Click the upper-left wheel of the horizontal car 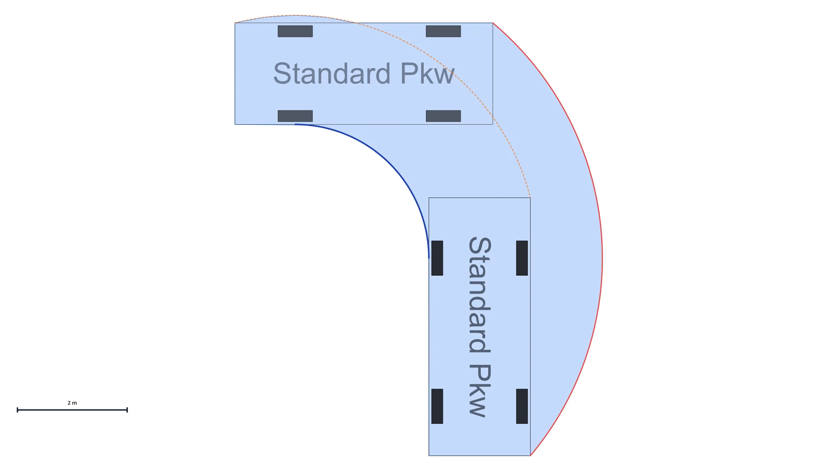tap(295, 31)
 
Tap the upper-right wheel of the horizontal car tap(443, 31)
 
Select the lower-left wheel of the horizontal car tap(295, 116)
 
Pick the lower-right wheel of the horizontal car tap(443, 116)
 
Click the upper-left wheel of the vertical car tap(437, 258)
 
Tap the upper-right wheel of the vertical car tap(522, 258)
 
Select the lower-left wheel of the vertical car tap(437, 406)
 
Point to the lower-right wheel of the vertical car tap(522, 406)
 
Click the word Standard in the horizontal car tap(332, 73)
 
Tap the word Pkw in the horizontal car tap(427, 73)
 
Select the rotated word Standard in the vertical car tap(480, 295)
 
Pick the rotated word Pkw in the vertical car tap(480, 391)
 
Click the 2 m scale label tap(72, 403)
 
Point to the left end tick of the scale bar tap(17, 410)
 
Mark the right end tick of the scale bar tap(127, 410)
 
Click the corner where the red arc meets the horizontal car tap(493, 23)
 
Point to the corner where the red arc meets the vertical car tap(531, 456)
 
